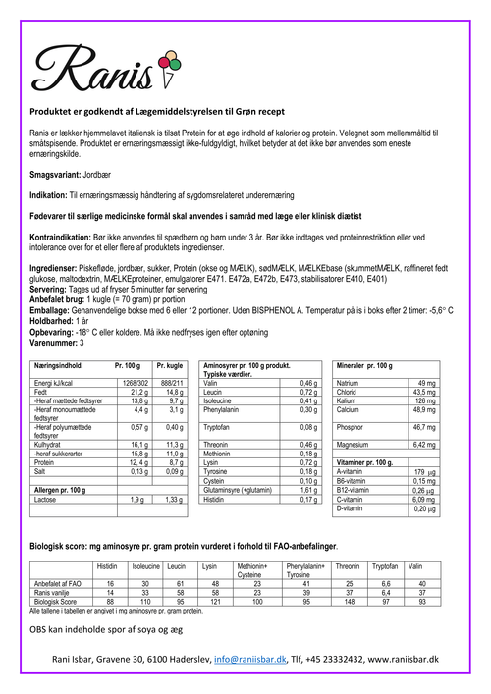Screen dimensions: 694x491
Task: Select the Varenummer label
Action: coord(54,343)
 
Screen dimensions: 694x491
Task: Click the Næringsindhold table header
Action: coord(65,364)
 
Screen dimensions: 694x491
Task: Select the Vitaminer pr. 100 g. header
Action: coord(365,461)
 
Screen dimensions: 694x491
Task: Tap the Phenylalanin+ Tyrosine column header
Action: coord(303,569)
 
